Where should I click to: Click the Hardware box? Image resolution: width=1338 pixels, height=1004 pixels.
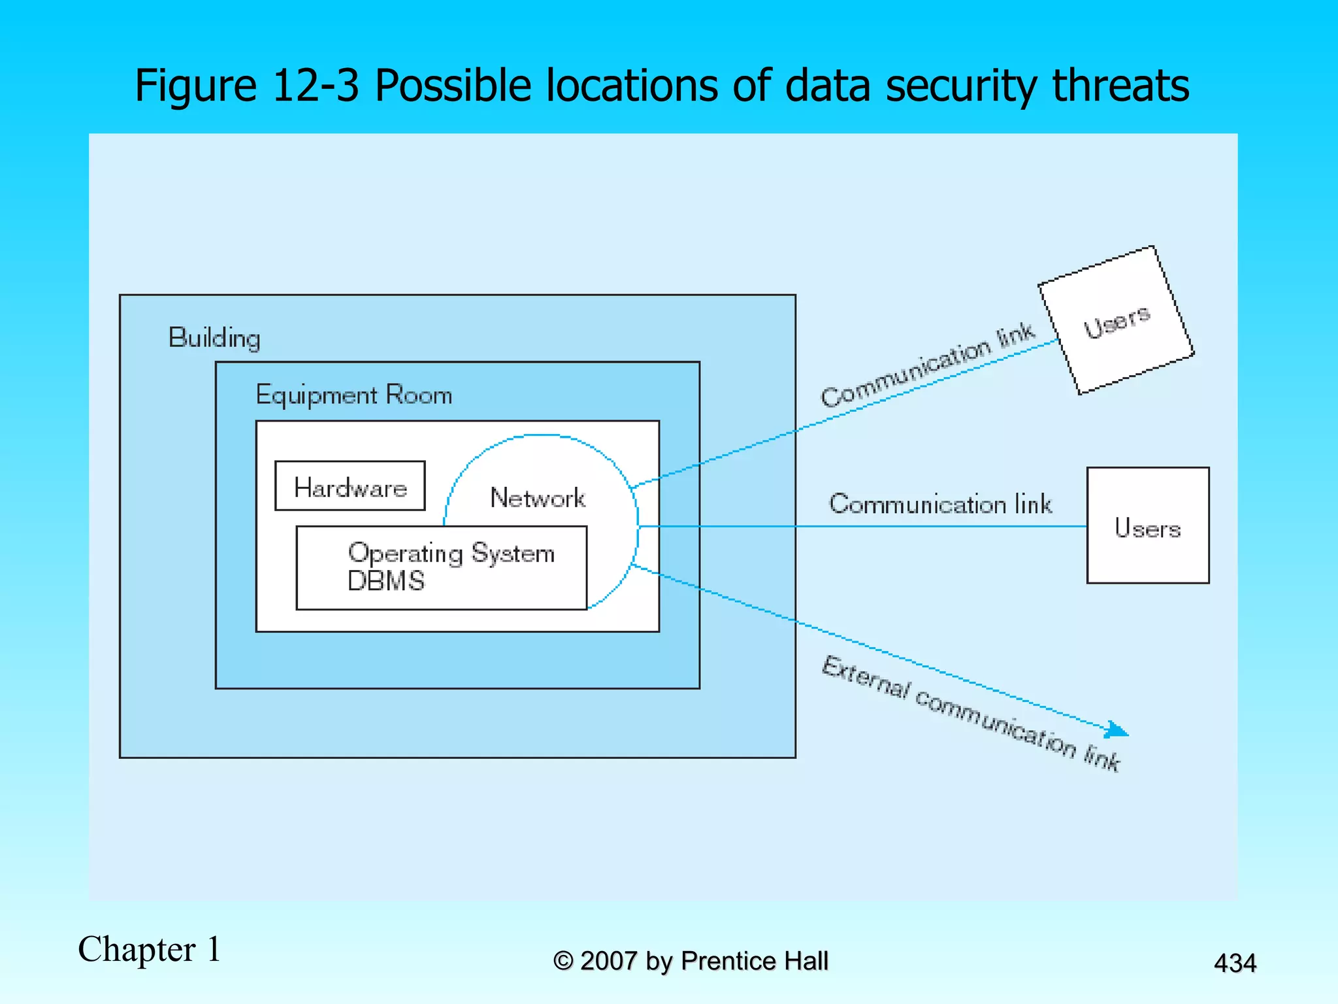(x=350, y=486)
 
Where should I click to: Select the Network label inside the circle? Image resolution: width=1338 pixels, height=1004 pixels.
(x=537, y=498)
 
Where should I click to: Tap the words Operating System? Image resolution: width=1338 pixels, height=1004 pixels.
(x=451, y=553)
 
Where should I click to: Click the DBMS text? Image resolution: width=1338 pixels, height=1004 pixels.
(x=385, y=581)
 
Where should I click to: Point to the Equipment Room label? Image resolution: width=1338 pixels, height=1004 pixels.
(x=353, y=395)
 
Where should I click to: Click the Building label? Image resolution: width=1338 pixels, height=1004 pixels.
(x=214, y=338)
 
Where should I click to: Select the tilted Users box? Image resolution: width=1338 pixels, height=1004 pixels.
(x=1116, y=321)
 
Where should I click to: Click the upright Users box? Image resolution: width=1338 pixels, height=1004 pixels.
(x=1147, y=526)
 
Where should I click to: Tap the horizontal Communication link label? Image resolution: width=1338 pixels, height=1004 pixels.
(x=940, y=504)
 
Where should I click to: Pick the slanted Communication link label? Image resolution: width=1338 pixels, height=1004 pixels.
(x=927, y=366)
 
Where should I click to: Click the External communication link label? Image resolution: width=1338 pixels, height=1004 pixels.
(x=970, y=714)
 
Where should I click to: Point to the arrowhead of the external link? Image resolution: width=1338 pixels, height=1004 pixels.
(x=1118, y=731)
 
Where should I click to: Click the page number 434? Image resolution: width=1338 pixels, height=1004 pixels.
(x=1234, y=963)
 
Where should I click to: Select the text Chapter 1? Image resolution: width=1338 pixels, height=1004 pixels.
(x=150, y=949)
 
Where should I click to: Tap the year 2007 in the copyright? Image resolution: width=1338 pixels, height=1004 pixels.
(x=608, y=961)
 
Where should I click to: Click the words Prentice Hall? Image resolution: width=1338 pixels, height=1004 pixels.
(x=754, y=961)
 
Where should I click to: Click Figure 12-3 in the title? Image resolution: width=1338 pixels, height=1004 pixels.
(x=246, y=86)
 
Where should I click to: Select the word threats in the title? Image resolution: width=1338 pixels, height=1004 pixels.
(x=1120, y=86)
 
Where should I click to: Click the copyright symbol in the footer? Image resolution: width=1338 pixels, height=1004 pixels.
(x=563, y=962)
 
